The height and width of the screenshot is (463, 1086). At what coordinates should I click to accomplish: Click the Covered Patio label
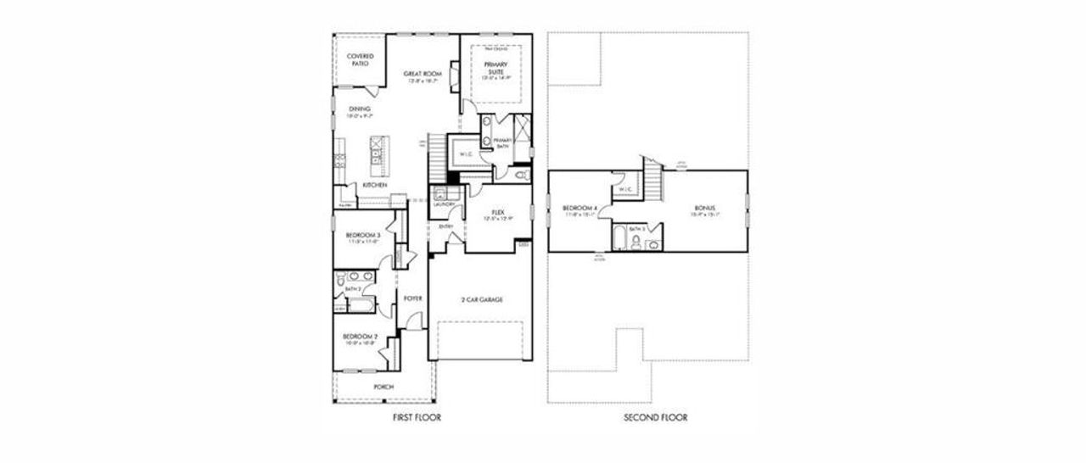pyautogui.click(x=360, y=59)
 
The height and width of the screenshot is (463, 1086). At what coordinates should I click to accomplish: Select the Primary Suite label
pyautogui.click(x=494, y=67)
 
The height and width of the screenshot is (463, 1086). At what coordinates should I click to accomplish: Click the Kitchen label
pyautogui.click(x=375, y=184)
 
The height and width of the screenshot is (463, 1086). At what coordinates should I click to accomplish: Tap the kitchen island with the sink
pyautogui.click(x=374, y=153)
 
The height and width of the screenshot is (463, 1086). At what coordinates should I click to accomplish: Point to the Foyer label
pyautogui.click(x=413, y=298)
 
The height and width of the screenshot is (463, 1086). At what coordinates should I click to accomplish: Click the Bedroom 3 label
pyautogui.click(x=361, y=235)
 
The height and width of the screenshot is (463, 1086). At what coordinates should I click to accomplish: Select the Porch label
pyautogui.click(x=383, y=388)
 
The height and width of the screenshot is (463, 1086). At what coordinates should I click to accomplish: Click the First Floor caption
pyautogui.click(x=417, y=417)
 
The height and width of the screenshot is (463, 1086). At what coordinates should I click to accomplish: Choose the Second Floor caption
pyautogui.click(x=656, y=417)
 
